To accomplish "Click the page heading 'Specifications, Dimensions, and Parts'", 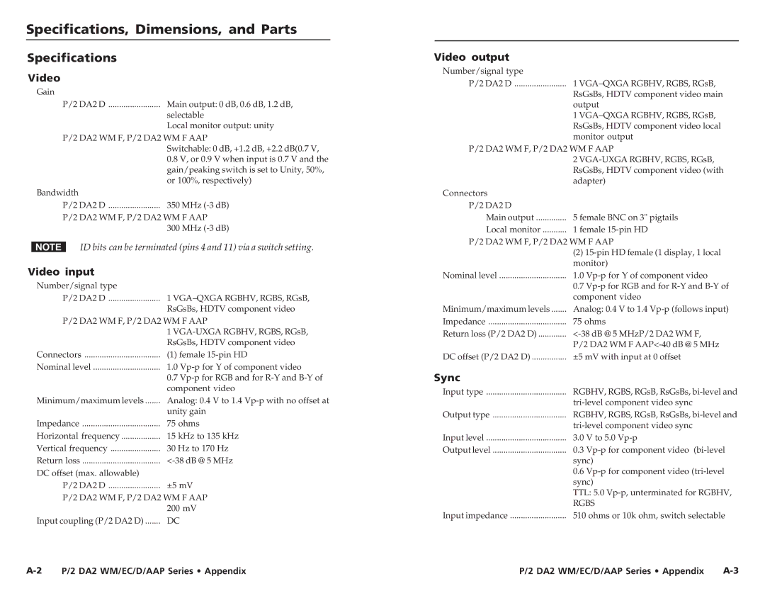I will [161, 30].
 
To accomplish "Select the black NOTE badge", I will [48, 247].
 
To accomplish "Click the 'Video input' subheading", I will [61, 271].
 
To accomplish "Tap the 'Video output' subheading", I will [471, 57].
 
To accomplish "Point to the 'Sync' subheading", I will [447, 378].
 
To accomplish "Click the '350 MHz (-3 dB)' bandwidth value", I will [198, 205].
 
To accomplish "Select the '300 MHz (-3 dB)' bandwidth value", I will [198, 228].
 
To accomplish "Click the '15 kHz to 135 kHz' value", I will [203, 436].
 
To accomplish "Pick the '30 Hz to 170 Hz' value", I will [198, 448].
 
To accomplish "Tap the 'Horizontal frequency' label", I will [78, 436].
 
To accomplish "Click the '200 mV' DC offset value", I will [181, 508].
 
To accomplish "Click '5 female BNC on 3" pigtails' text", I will [625, 218].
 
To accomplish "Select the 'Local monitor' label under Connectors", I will [513, 230].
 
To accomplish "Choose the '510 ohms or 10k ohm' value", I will [648, 516].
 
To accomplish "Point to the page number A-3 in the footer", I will [730, 570].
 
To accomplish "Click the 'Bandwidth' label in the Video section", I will [57, 193].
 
